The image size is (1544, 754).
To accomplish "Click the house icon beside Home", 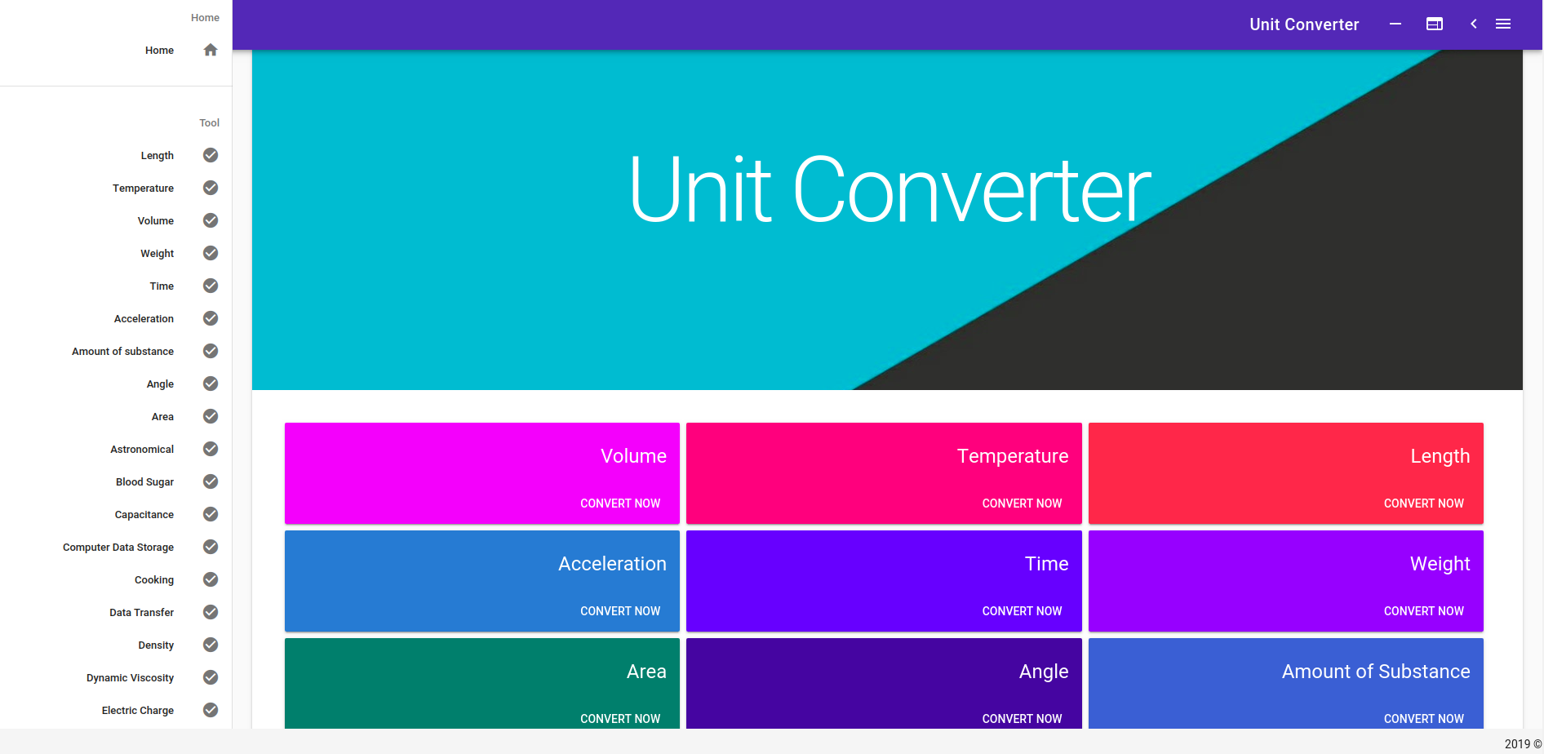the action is [x=211, y=50].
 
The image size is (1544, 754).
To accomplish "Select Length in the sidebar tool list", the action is [x=158, y=156].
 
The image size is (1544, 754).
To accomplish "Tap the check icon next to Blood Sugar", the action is [x=211, y=481].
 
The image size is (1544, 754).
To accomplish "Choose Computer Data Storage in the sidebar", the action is [x=118, y=548].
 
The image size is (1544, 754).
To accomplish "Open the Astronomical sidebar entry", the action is [x=142, y=450].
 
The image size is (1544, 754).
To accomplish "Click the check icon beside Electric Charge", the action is [x=211, y=710].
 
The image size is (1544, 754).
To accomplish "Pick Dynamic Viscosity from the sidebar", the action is [x=131, y=678].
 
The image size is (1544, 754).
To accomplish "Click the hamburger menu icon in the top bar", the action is [x=1503, y=24].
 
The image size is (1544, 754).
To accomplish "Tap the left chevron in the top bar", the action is [x=1474, y=24].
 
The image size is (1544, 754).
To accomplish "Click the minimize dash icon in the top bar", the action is [x=1395, y=24].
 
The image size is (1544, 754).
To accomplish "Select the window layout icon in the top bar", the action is [x=1435, y=24].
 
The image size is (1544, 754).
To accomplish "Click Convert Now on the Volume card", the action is [x=620, y=503].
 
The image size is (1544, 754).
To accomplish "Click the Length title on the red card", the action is [x=1440, y=456].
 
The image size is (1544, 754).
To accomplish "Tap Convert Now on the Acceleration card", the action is [x=620, y=611].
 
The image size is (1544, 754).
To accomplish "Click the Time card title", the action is [x=1047, y=564].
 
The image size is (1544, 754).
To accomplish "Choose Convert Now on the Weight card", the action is [x=1424, y=611].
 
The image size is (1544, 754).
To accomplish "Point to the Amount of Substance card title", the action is [x=1376, y=672].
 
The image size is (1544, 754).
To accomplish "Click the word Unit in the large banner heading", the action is [x=700, y=190].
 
